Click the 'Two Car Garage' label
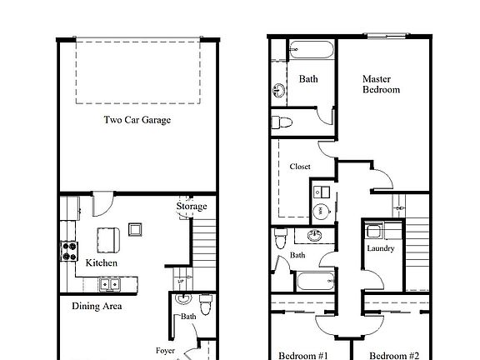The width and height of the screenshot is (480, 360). (137, 120)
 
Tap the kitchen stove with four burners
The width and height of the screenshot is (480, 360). (67, 247)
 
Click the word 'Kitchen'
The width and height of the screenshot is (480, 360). (102, 263)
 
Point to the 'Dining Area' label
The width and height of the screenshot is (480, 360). (97, 307)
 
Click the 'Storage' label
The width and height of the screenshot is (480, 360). (192, 207)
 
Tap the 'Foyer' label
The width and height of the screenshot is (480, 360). (165, 351)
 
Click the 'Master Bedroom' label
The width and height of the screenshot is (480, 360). (381, 84)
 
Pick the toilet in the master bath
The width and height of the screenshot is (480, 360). (284, 123)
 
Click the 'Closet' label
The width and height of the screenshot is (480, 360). (300, 167)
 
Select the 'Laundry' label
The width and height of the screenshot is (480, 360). (380, 248)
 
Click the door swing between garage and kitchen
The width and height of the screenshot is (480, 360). (101, 202)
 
